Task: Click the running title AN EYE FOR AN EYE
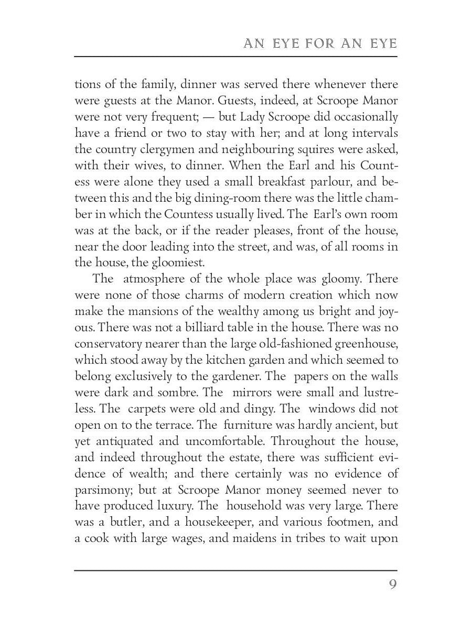coord(320,44)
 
